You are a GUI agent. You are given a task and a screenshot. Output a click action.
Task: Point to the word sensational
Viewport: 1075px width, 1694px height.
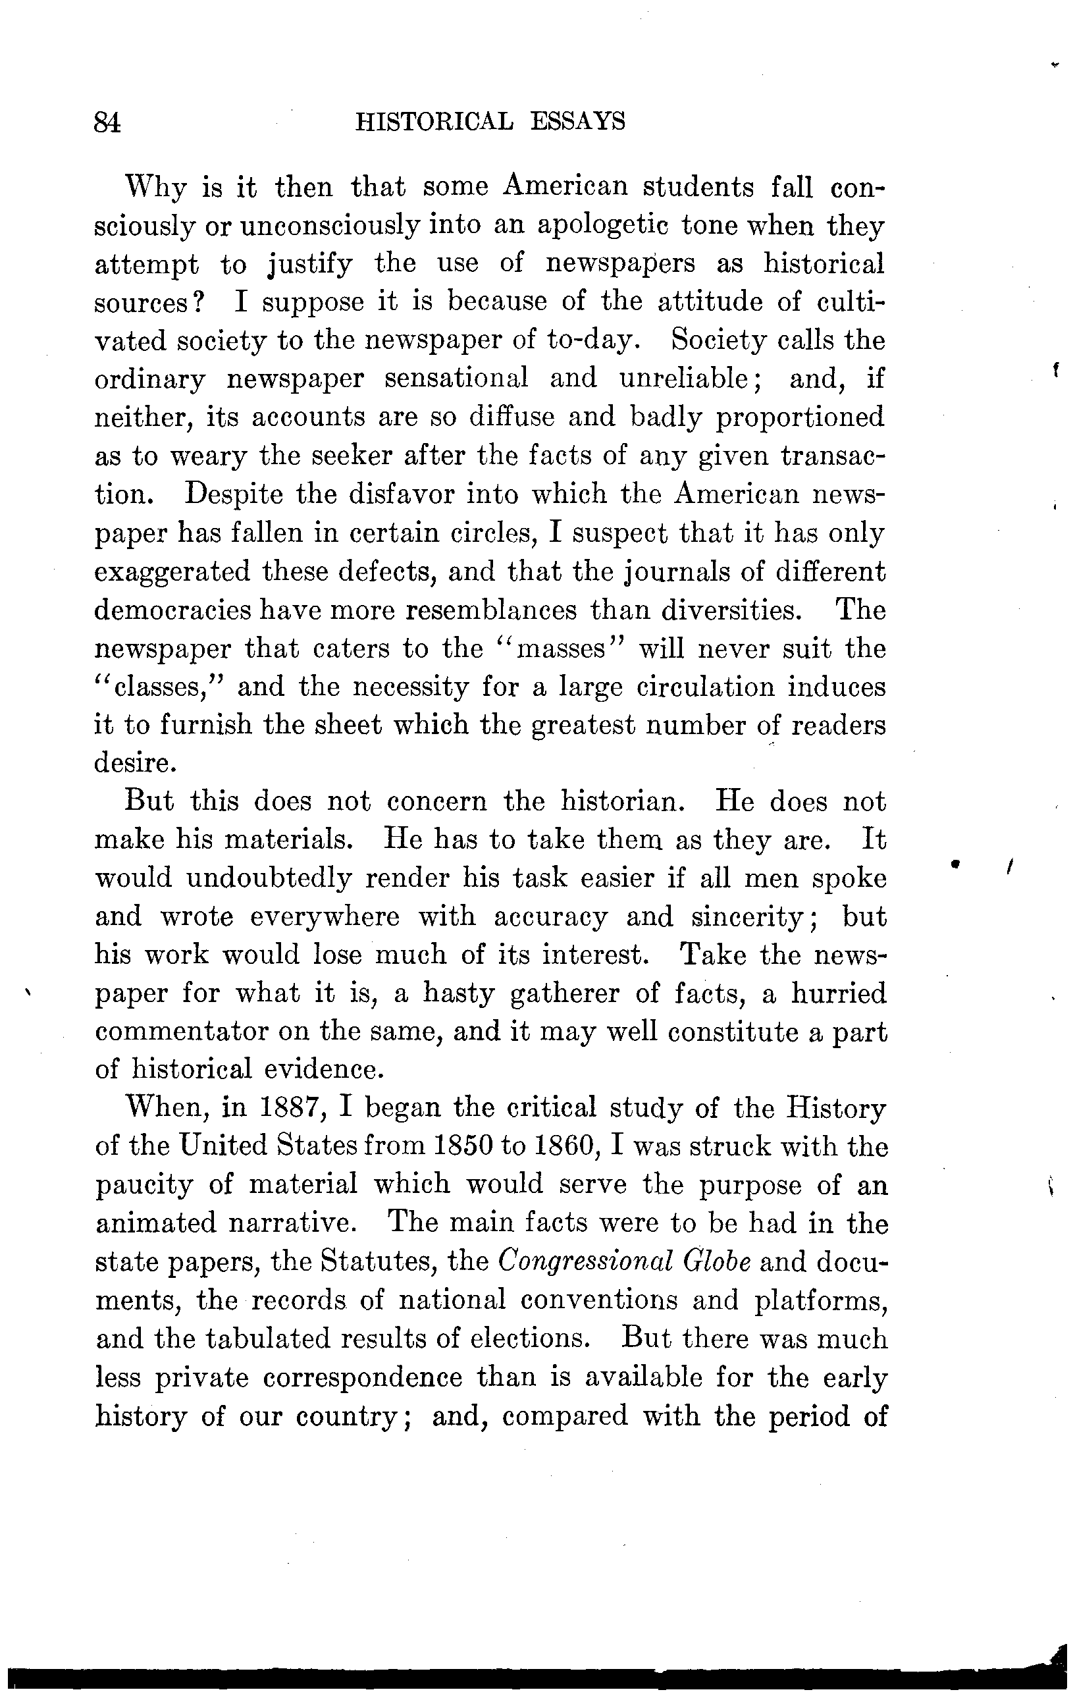click(x=457, y=379)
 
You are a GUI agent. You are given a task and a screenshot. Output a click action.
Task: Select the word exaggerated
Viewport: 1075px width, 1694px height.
click(x=172, y=571)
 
